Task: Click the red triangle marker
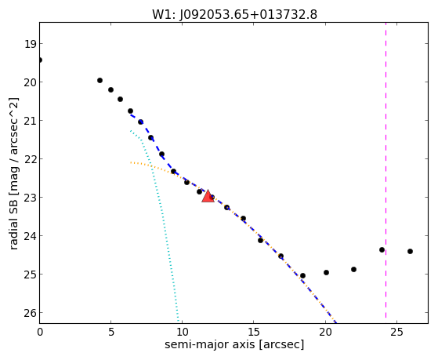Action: [x=208, y=196]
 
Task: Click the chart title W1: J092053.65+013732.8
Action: [x=234, y=14]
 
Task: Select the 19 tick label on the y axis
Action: [x=30, y=44]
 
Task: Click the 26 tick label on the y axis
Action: [x=30, y=313]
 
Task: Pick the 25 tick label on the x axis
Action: [x=396, y=333]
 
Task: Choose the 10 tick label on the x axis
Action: [x=182, y=333]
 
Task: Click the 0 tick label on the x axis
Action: [x=40, y=333]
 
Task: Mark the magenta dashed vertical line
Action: [x=386, y=170]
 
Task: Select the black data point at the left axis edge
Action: [x=39, y=60]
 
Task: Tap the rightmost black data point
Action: [x=410, y=251]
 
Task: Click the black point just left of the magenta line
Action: [x=382, y=249]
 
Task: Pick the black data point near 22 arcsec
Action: [x=353, y=269]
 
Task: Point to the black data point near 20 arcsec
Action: [x=326, y=272]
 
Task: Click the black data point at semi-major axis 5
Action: [x=110, y=89]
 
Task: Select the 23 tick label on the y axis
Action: [x=30, y=198]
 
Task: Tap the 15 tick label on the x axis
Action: [x=253, y=333]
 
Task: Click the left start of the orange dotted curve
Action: [x=130, y=162]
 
